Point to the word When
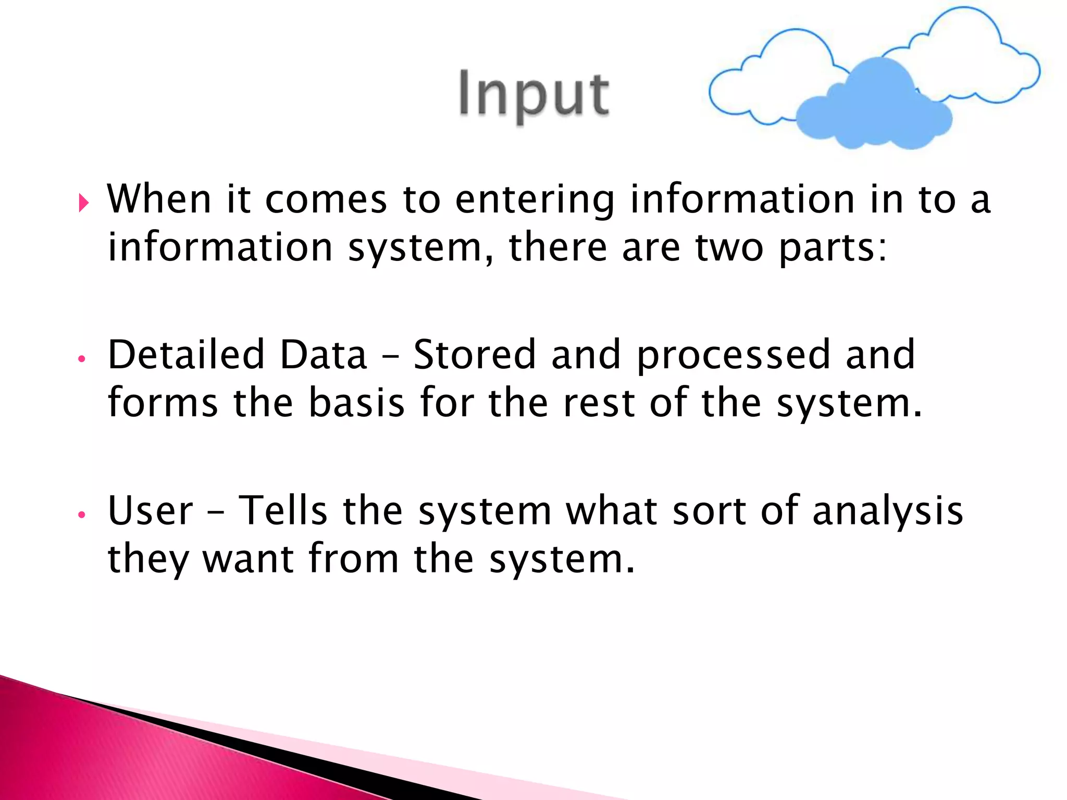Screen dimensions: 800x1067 (x=159, y=199)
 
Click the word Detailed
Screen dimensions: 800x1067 (x=186, y=354)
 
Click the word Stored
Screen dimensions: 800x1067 (x=474, y=354)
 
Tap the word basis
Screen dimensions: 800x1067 (x=356, y=403)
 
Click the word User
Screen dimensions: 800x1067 (x=150, y=510)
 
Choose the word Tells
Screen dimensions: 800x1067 (x=283, y=510)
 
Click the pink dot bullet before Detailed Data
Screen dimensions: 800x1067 (x=81, y=359)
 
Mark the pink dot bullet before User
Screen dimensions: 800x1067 (x=81, y=515)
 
